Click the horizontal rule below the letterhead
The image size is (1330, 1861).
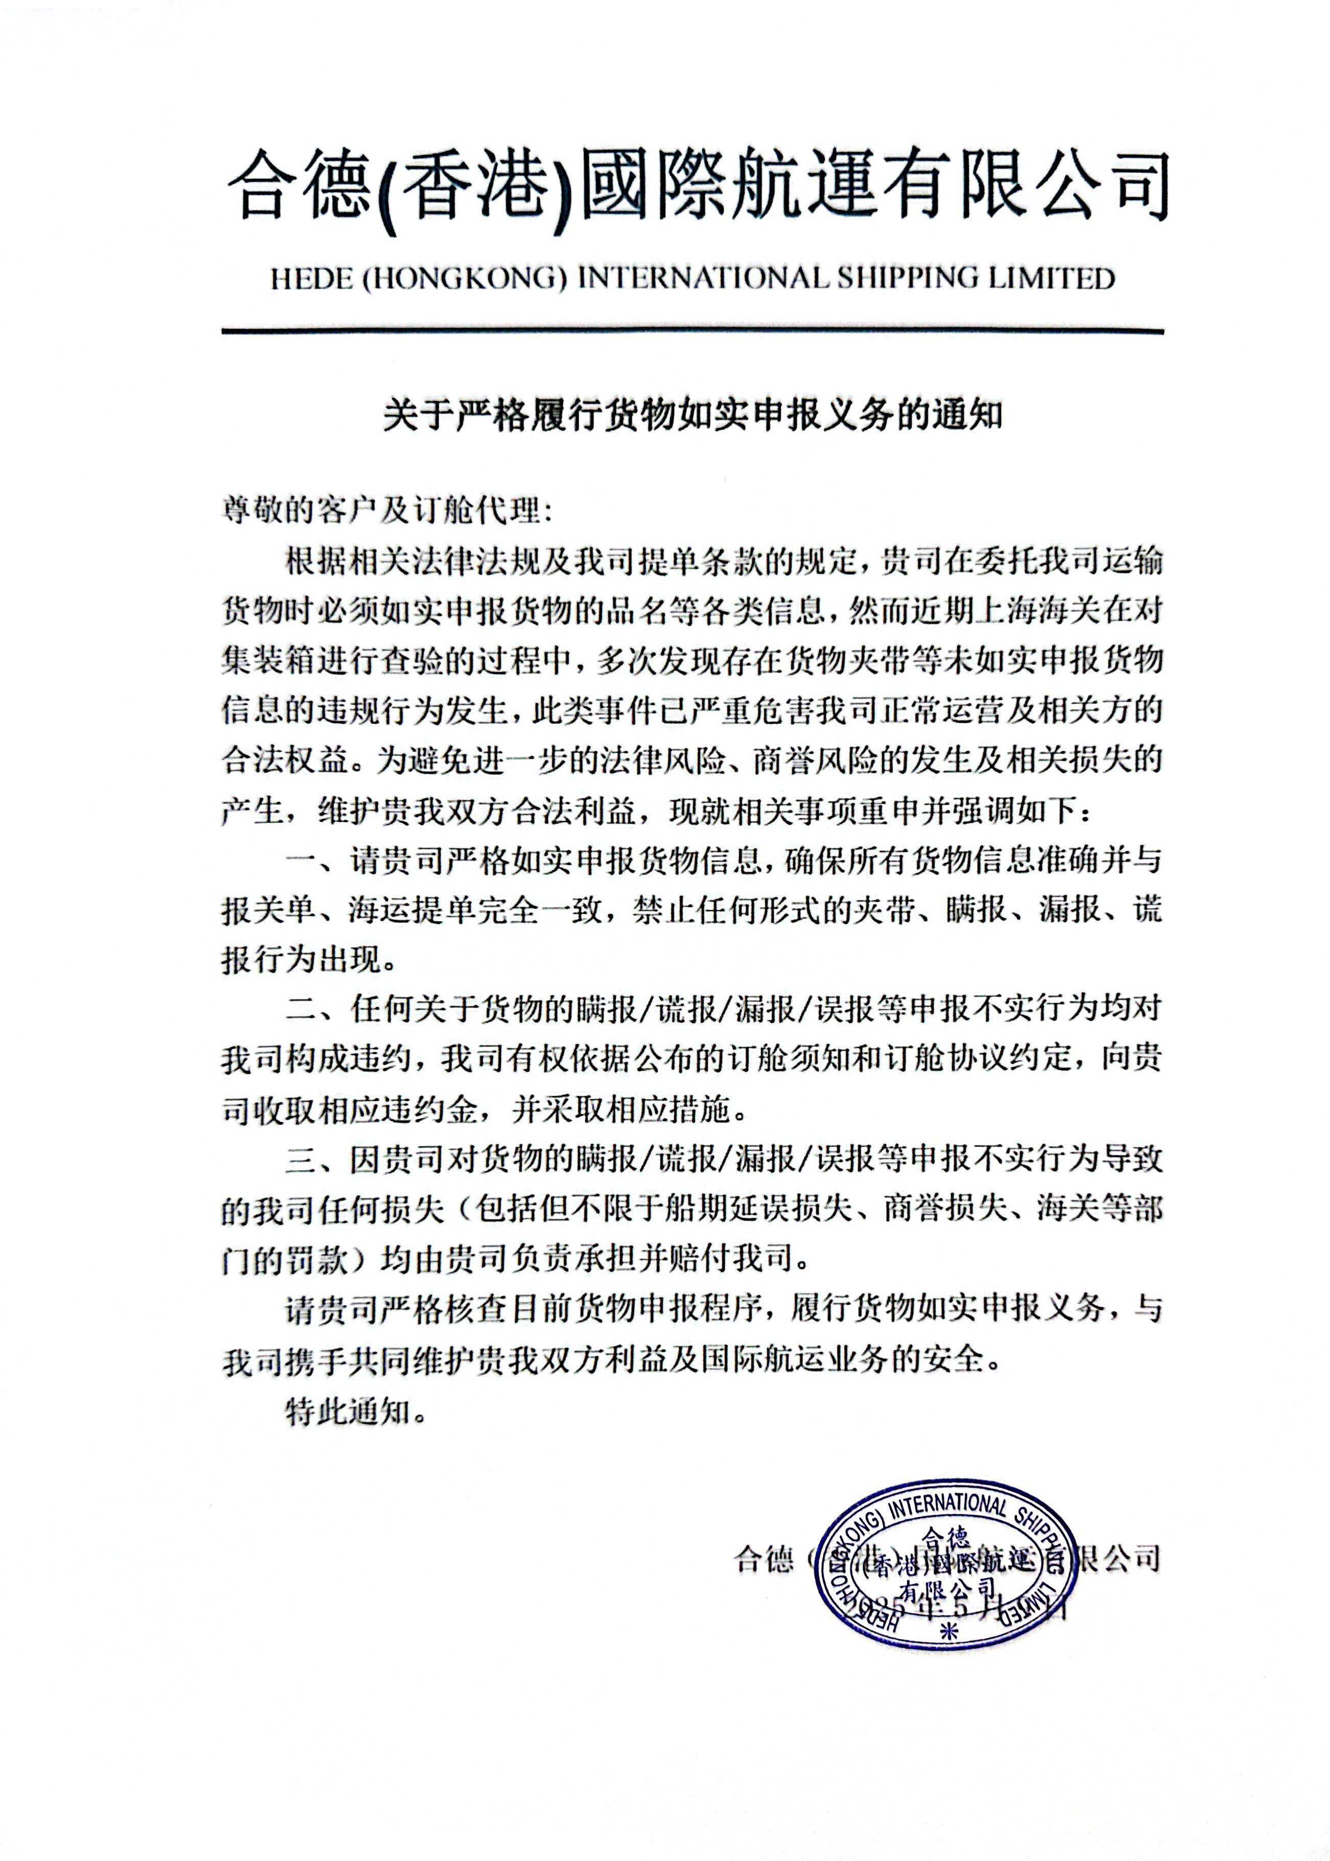(692, 331)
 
